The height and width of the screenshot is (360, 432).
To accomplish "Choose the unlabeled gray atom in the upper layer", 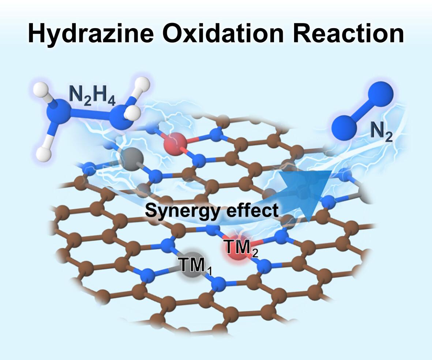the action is pos(131,159).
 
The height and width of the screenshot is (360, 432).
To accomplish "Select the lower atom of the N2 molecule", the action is pos(344,126).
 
